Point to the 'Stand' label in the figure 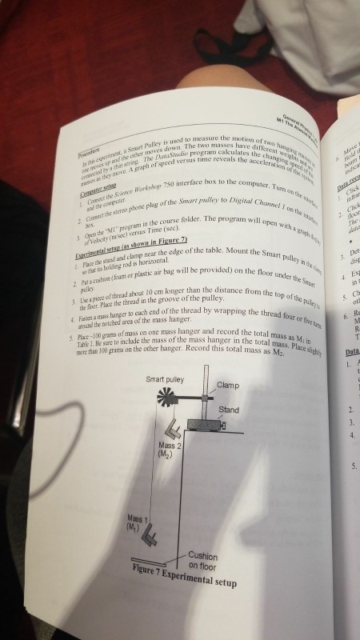point(229,410)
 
